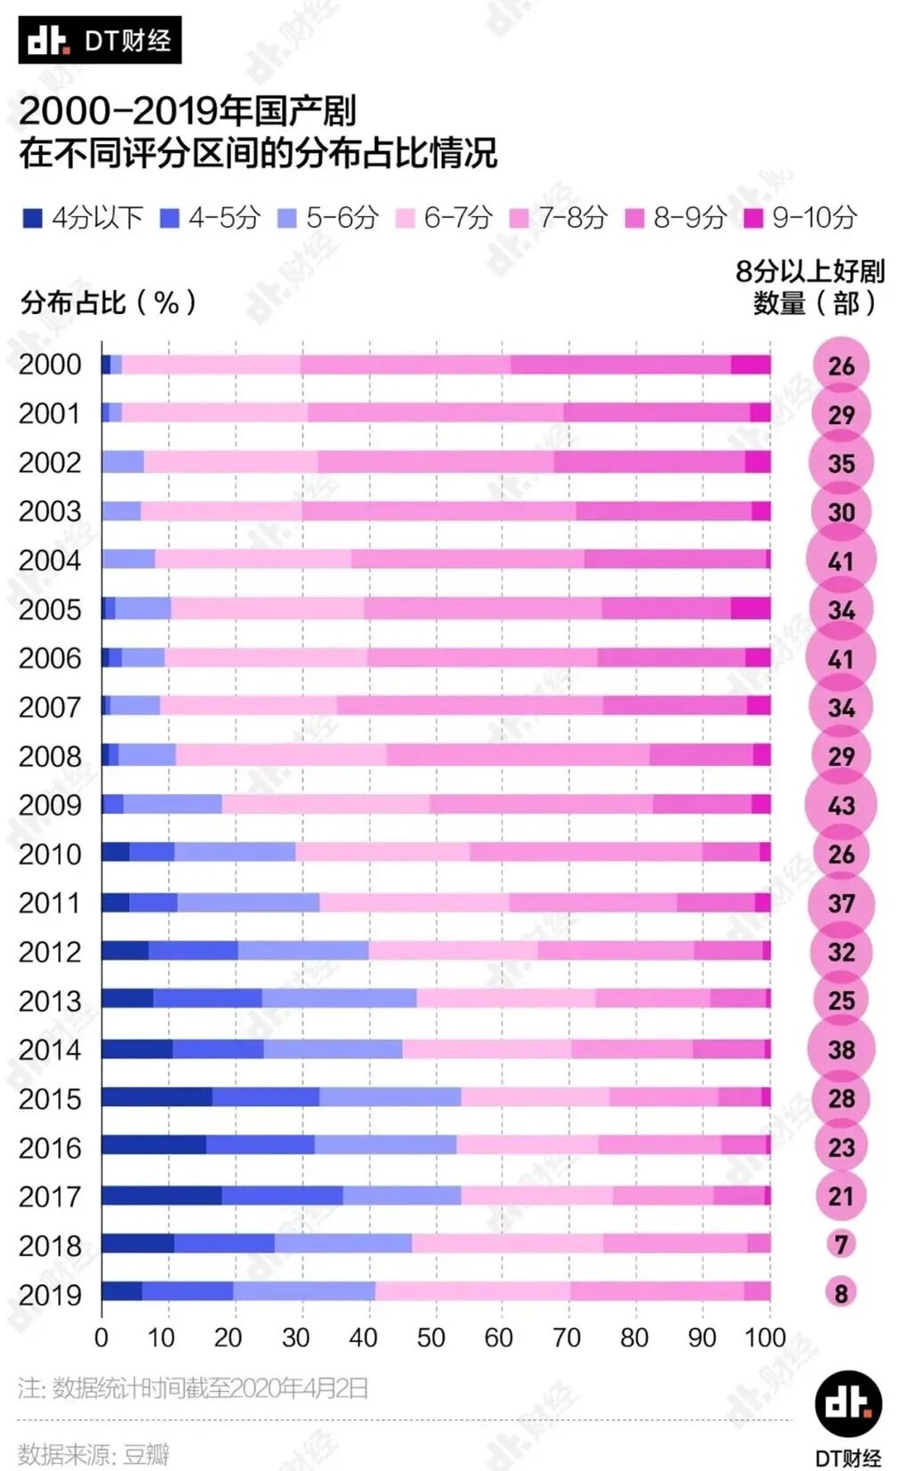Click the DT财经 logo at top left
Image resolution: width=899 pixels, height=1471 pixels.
(x=100, y=40)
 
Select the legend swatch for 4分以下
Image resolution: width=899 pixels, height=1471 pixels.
(x=33, y=218)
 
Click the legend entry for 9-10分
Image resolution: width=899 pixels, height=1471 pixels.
(x=801, y=218)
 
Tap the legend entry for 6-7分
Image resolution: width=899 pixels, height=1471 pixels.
(x=445, y=218)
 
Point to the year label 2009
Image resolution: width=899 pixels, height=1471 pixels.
(x=50, y=805)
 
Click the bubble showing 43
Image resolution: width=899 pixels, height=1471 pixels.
(x=840, y=805)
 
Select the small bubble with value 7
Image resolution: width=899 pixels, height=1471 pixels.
(x=840, y=1243)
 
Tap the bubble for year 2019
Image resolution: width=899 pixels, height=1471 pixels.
(x=840, y=1292)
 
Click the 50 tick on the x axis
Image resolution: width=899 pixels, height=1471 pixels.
(x=430, y=1338)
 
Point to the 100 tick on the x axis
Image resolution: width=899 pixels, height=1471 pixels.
(x=765, y=1338)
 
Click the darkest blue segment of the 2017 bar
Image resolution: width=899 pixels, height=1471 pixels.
(x=161, y=1195)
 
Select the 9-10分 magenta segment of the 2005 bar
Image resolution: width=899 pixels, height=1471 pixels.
(x=751, y=608)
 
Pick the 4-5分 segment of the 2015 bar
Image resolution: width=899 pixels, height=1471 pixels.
(x=265, y=1097)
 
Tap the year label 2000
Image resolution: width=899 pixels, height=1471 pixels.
(x=50, y=365)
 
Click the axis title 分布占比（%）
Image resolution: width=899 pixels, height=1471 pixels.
(x=108, y=303)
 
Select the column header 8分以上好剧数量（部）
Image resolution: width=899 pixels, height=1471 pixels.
(x=809, y=287)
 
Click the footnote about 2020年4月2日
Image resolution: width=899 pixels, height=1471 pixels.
(x=193, y=1387)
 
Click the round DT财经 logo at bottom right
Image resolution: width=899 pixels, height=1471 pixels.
(x=848, y=1403)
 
